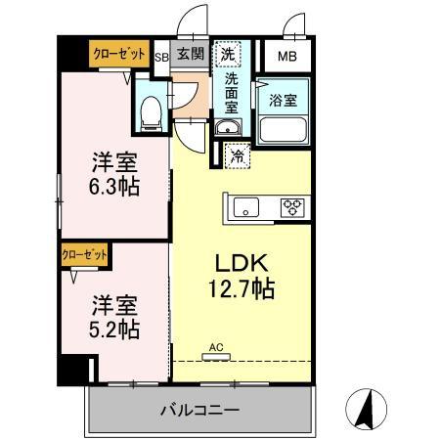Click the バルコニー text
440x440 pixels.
coord(199,408)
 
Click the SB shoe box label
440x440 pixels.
coord(162,57)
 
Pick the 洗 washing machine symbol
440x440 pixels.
coord(227,55)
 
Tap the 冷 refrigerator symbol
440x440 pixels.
coord(237,154)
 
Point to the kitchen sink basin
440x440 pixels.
coord(246,205)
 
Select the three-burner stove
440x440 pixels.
coord(290,205)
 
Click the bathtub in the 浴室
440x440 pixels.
coord(284,129)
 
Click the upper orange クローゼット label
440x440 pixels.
coord(119,55)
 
